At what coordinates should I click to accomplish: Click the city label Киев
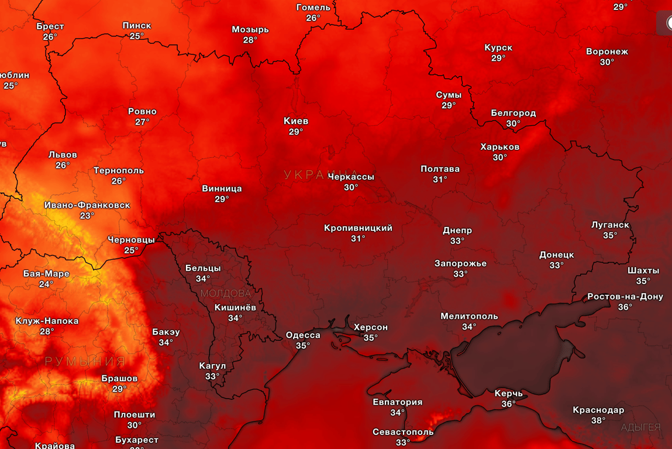[295, 121]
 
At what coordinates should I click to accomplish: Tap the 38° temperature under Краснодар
[598, 420]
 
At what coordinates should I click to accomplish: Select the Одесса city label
[302, 335]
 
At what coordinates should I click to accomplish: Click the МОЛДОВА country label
[225, 293]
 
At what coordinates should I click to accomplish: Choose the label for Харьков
[499, 147]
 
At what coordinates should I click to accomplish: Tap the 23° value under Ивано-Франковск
[87, 216]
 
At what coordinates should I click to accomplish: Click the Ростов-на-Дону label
[625, 296]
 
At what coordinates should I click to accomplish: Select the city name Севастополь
[403, 432]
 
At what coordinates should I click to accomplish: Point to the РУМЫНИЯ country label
[85, 361]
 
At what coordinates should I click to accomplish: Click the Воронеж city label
[606, 51]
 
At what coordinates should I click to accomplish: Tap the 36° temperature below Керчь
[508, 404]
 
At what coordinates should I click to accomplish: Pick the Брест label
[50, 26]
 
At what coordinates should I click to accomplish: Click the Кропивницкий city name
[358, 228]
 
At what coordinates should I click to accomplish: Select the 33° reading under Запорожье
[460, 274]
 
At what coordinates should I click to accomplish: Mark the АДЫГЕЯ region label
[640, 427]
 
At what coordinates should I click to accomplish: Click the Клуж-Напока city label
[47, 321]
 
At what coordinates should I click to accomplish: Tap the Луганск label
[610, 225]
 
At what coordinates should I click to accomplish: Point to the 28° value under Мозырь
[250, 40]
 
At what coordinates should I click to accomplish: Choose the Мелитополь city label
[469, 316]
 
